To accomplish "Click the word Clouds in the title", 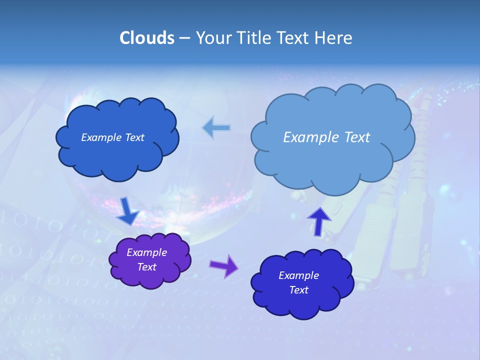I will point(146,38).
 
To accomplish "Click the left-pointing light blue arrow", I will point(216,128).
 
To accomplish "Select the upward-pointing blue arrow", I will point(319,221).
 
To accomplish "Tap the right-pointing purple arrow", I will point(224,265).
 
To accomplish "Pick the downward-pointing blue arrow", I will point(128,211).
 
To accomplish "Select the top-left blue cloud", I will point(117,155).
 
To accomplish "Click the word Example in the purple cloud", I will point(146,252).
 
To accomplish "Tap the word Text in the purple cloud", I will point(146,267).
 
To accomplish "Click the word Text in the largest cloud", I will point(354,137).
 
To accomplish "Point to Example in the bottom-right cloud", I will point(298,275).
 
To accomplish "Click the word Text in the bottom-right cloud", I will point(298,290).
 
